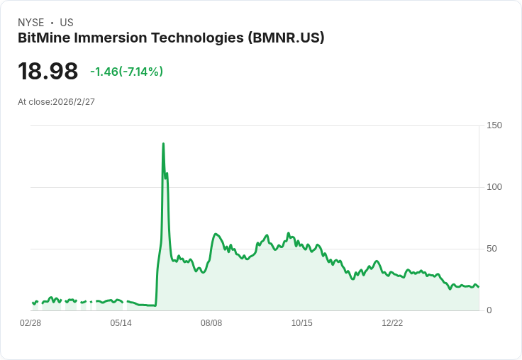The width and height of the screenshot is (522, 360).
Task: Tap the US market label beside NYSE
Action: click(x=67, y=23)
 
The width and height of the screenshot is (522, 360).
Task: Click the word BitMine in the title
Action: click(x=45, y=38)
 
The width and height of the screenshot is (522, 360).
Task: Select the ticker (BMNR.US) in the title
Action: click(x=286, y=38)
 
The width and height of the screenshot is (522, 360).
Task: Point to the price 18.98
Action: click(x=48, y=72)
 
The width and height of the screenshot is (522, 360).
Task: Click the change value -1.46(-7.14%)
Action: click(x=126, y=72)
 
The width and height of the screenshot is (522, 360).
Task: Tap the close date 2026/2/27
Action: click(x=74, y=102)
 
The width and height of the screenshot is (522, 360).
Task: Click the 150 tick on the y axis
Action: click(x=494, y=125)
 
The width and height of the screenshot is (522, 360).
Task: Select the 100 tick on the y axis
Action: click(x=494, y=187)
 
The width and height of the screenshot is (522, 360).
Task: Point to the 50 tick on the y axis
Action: click(x=492, y=249)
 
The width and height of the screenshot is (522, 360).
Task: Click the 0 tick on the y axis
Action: click(x=489, y=310)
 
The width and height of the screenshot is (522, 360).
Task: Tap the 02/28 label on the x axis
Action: click(x=30, y=323)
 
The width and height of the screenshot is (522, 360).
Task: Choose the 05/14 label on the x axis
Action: click(x=121, y=323)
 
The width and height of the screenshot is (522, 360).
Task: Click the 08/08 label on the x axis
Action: click(x=211, y=323)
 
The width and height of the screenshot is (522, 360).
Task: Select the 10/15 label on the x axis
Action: click(x=301, y=323)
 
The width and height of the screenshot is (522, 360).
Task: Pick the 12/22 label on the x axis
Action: click(x=392, y=323)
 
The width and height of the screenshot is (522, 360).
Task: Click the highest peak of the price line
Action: click(x=163, y=144)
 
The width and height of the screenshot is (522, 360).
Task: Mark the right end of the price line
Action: click(x=479, y=287)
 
